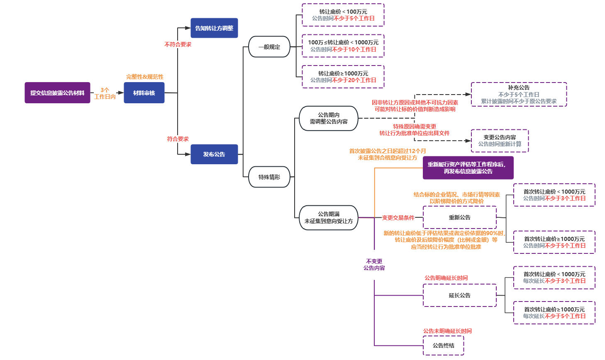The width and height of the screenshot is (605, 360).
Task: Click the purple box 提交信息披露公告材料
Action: tap(57, 93)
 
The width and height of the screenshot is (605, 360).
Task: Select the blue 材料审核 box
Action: tap(144, 93)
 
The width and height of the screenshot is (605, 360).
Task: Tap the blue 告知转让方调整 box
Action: tap(214, 28)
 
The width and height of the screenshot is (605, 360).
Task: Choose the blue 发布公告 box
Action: tap(214, 154)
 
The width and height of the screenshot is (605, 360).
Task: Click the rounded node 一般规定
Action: tap(269, 47)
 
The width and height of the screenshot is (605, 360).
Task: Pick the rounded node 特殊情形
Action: tap(269, 177)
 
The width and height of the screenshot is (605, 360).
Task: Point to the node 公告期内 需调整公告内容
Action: tap(329, 118)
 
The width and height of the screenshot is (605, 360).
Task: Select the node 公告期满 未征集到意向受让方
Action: tap(329, 217)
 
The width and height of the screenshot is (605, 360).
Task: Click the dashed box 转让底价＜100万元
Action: tap(343, 15)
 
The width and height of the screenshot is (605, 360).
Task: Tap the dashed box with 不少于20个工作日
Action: tap(343, 77)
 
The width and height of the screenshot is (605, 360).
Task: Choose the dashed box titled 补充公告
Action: tap(519, 95)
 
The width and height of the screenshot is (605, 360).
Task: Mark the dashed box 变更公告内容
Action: tap(500, 141)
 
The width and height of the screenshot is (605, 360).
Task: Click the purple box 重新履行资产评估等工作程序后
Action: tap(468, 168)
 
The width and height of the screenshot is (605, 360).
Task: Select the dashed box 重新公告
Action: tap(460, 217)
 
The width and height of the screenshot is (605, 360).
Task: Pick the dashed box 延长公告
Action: tap(460, 295)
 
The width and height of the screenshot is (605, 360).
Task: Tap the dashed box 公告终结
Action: tap(444, 345)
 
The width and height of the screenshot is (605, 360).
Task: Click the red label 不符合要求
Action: tap(178, 44)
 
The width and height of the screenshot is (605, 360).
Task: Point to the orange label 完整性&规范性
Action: tap(145, 77)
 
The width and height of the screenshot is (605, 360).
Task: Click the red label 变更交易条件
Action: tap(398, 218)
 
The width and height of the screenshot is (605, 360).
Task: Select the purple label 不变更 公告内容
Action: tap(374, 265)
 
